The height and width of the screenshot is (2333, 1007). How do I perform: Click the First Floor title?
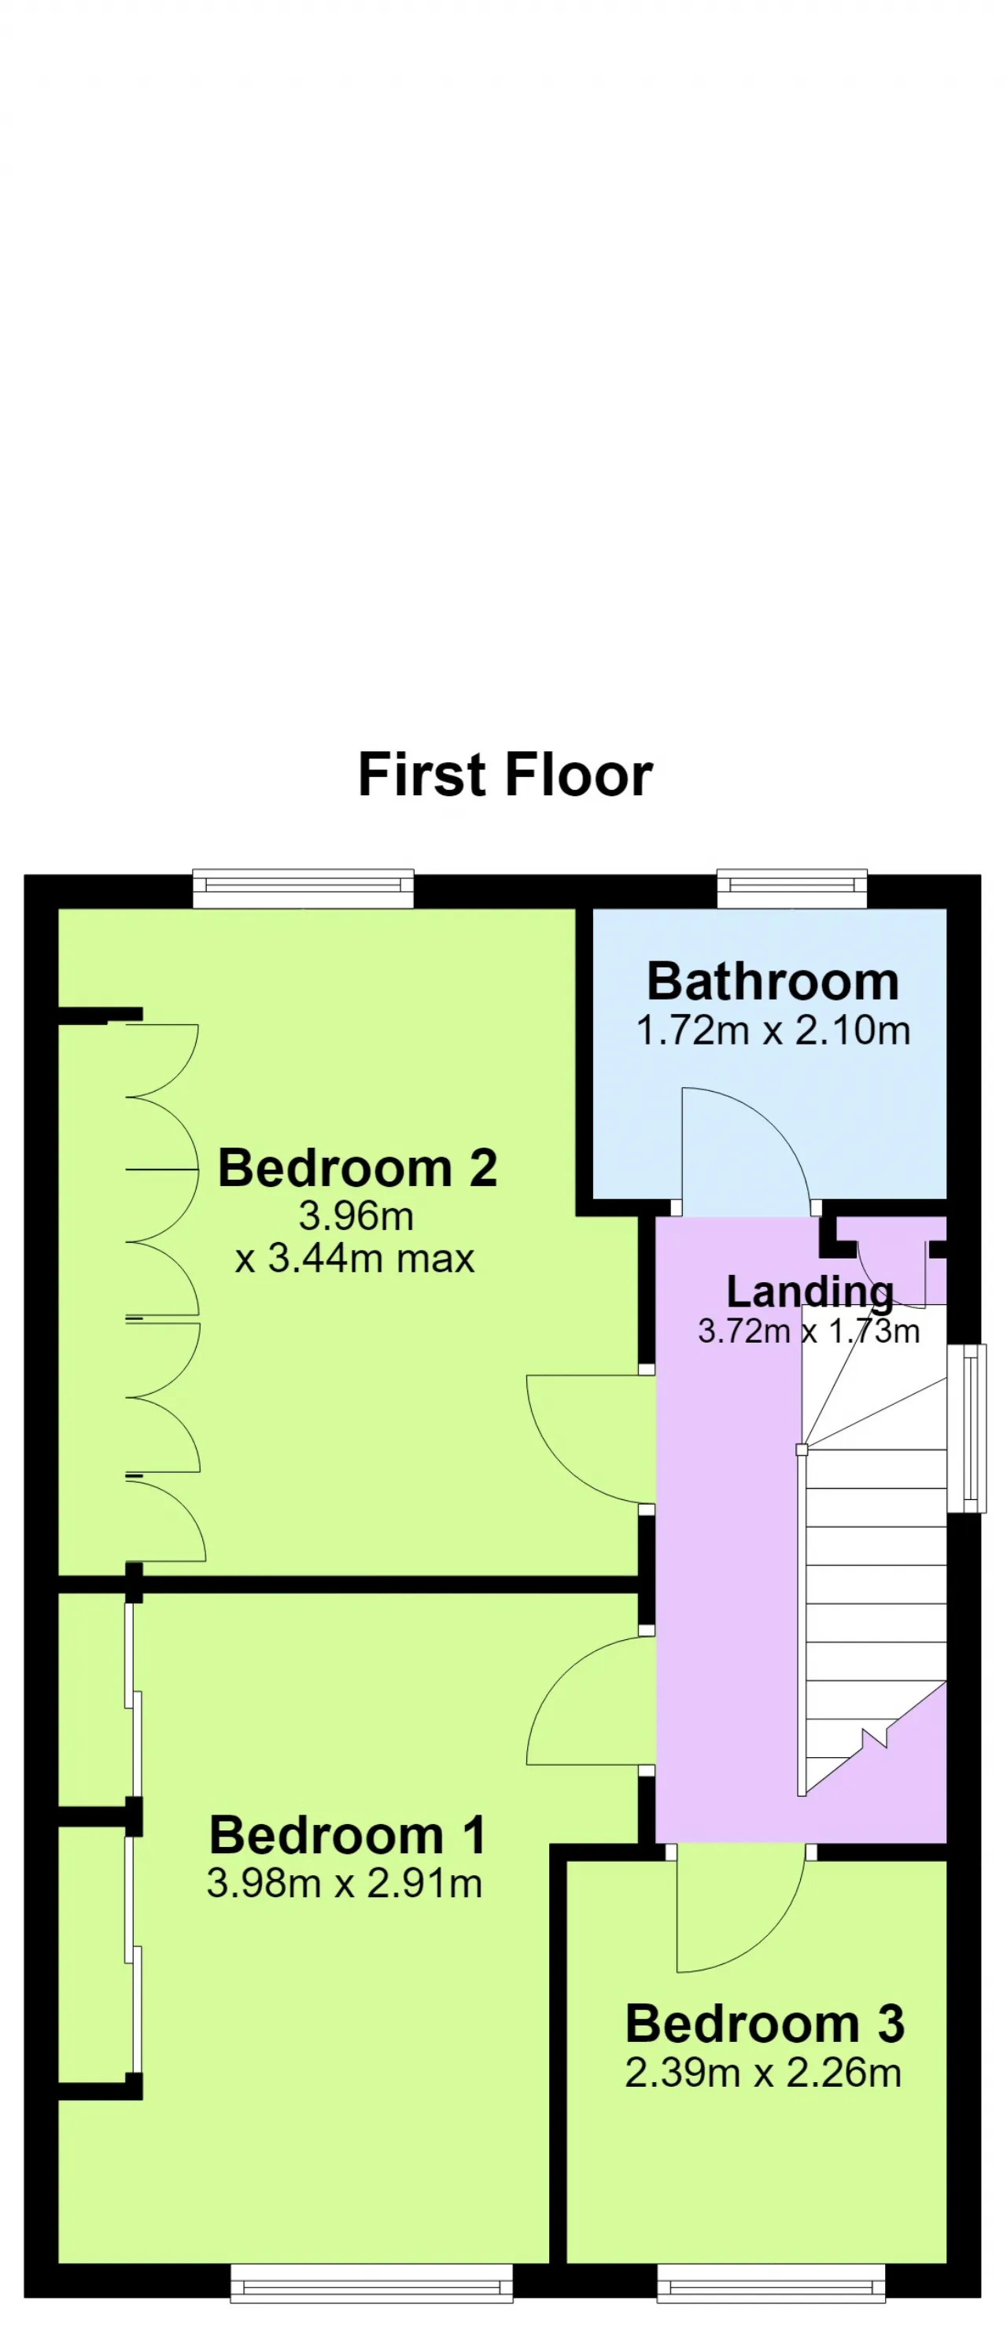[x=504, y=776]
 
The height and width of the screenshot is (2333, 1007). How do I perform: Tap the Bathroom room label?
[x=773, y=982]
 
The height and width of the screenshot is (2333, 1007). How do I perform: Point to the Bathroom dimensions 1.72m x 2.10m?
[x=773, y=1030]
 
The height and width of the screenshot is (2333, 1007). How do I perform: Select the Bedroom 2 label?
[x=358, y=1167]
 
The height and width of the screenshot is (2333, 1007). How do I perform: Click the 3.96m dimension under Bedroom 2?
[x=356, y=1215]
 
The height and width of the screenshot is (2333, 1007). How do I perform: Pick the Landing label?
[x=810, y=1292]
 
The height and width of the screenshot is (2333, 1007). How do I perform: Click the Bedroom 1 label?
[x=348, y=1835]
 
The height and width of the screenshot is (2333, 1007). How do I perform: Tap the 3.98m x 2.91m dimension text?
[x=344, y=1883]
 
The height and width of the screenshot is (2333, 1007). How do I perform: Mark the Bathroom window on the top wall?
[x=792, y=889]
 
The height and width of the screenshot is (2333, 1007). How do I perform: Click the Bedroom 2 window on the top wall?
[x=304, y=889]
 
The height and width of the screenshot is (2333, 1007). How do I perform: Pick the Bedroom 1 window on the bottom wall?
[x=371, y=2283]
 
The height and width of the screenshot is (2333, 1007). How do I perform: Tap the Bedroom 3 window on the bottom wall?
[x=771, y=2283]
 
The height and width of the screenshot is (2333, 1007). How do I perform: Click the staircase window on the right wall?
[x=966, y=1428]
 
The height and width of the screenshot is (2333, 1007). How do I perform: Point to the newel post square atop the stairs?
[x=802, y=1450]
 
